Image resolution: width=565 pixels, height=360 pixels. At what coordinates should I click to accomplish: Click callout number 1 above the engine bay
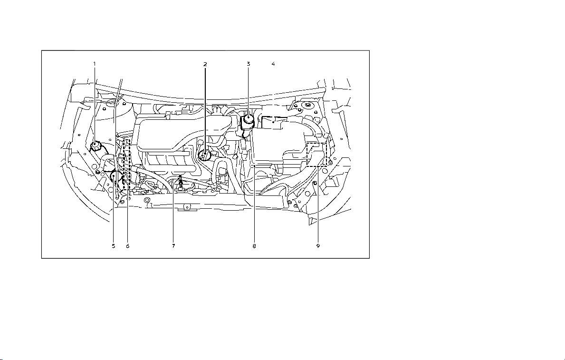[95, 64]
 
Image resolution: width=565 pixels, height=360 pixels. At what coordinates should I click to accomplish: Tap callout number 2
[205, 64]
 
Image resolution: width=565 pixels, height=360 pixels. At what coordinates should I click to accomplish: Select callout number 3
[248, 64]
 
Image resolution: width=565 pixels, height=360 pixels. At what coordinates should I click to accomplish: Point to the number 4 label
[273, 64]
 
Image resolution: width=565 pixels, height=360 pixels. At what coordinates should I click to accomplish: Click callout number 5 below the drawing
[113, 246]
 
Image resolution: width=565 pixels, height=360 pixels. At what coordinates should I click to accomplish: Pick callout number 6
[127, 246]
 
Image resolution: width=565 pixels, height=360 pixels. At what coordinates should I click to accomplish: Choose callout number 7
[173, 246]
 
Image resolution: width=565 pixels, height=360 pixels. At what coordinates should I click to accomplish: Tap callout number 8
[254, 246]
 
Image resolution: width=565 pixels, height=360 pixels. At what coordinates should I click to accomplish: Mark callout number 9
[318, 246]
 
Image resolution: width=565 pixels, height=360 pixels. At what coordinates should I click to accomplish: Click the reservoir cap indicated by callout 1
[96, 146]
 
